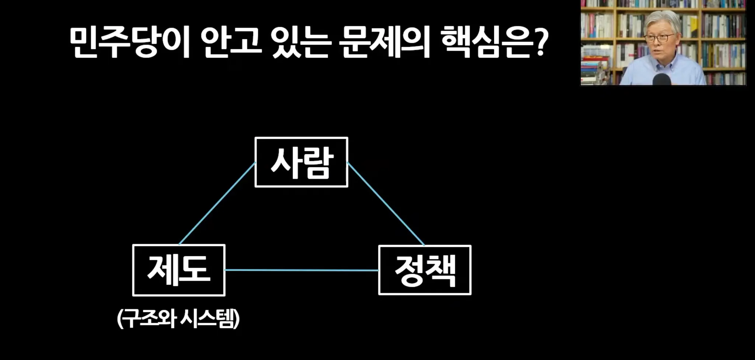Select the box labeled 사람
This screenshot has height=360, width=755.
point(301,162)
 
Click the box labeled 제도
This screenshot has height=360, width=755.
point(179,270)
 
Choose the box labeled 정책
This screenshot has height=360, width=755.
point(425,270)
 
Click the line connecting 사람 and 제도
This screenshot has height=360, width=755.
point(217,204)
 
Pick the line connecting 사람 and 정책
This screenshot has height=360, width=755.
point(386,204)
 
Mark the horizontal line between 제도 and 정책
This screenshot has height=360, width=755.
point(302,270)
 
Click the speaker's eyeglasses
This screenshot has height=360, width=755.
point(659,38)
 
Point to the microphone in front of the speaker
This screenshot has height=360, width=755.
point(662,79)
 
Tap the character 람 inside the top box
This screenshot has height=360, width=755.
point(318,163)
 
